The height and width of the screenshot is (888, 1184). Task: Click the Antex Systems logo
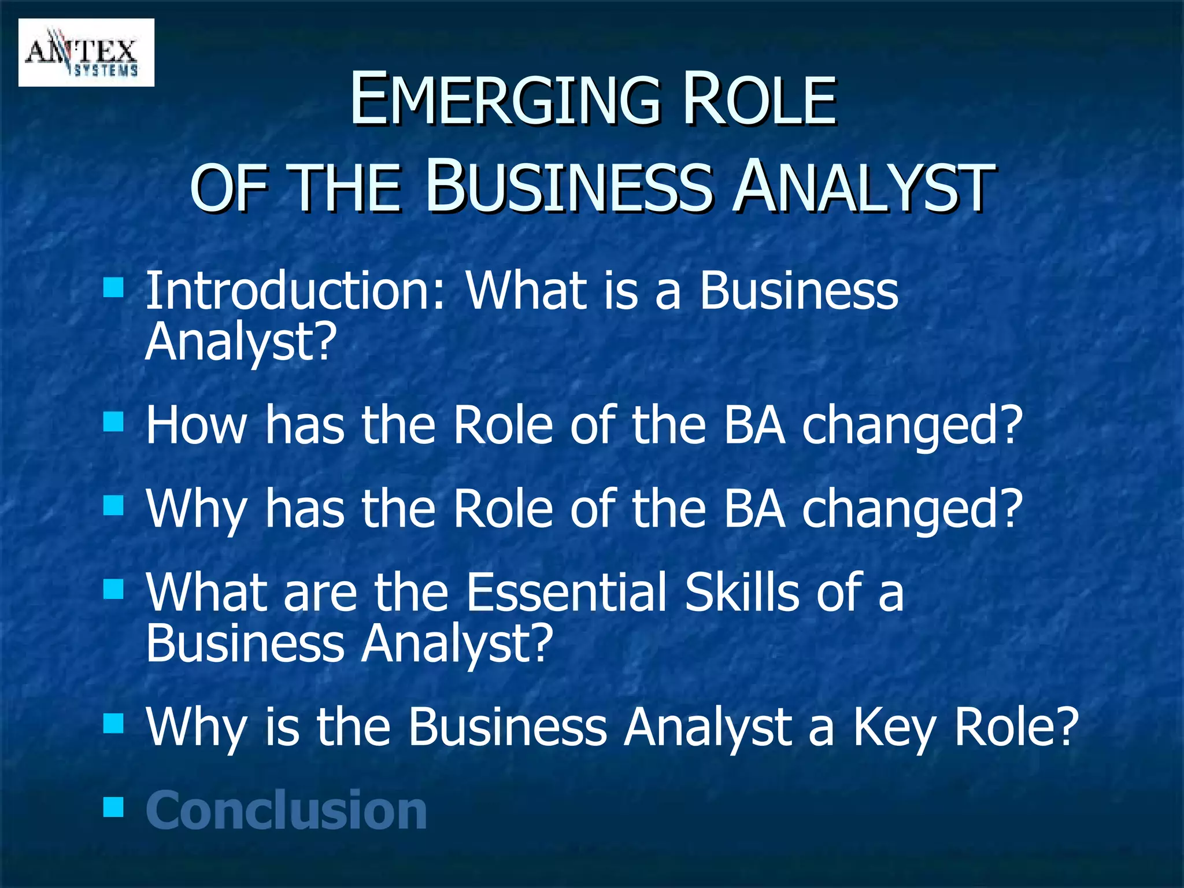(86, 53)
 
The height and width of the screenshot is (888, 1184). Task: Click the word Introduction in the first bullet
(295, 290)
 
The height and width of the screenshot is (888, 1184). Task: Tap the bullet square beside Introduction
(113, 286)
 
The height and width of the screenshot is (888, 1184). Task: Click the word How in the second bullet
(197, 425)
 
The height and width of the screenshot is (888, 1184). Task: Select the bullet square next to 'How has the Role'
(113, 421)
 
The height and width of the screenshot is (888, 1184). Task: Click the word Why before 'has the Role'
(197, 509)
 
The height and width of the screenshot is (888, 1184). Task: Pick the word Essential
(567, 592)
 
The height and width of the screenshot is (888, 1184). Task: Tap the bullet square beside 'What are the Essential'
(113, 590)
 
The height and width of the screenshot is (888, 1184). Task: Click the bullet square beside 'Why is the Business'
(113, 723)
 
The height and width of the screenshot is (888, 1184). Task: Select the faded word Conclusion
(286, 811)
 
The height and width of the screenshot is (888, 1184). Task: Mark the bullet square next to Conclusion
(113, 806)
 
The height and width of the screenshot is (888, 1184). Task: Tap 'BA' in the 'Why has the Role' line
(754, 509)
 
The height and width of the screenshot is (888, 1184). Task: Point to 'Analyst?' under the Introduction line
(240, 341)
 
